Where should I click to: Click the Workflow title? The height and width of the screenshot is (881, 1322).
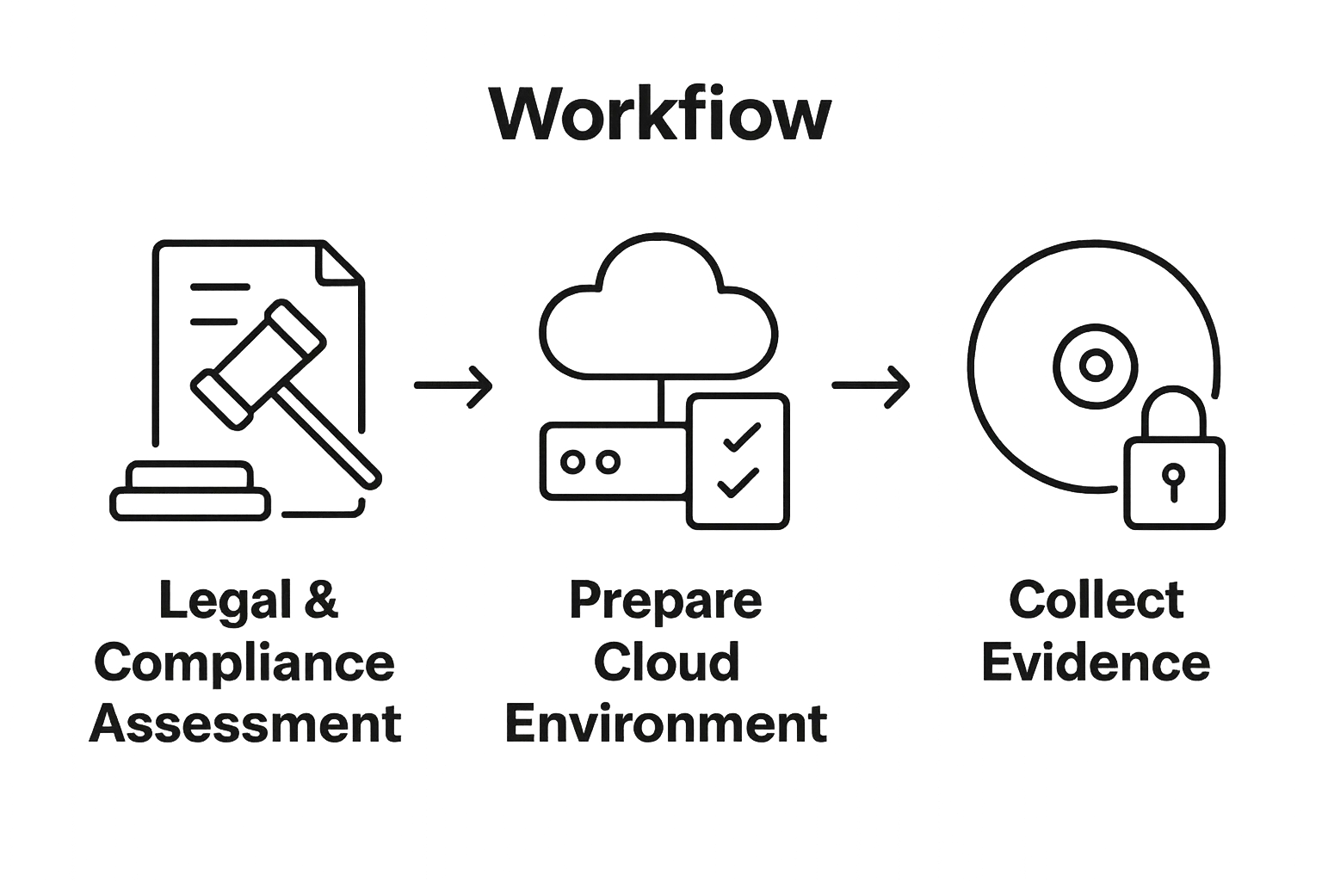(x=660, y=114)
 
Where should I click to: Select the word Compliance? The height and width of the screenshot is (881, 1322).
(x=244, y=662)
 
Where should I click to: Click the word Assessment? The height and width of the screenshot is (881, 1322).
(x=246, y=724)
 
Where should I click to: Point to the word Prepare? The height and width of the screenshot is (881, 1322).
(x=665, y=601)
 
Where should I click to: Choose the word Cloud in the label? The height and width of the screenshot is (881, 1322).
(x=666, y=662)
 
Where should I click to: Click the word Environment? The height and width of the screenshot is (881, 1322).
(x=665, y=724)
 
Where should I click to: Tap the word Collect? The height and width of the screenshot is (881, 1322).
(x=1096, y=601)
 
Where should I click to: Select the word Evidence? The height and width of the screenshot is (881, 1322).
(x=1096, y=662)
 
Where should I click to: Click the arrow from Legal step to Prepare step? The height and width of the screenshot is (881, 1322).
(x=454, y=385)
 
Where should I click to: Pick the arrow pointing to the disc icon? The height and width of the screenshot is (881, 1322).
(x=869, y=385)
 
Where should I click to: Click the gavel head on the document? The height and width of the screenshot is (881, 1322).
(x=258, y=353)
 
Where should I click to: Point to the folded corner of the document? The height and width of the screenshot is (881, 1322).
(x=337, y=262)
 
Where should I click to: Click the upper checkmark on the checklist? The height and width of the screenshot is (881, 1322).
(x=741, y=436)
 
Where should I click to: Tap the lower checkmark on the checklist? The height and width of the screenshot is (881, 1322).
(x=738, y=484)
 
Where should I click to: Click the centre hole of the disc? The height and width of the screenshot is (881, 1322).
(x=1095, y=365)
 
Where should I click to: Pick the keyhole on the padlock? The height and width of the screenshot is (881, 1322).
(x=1172, y=480)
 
